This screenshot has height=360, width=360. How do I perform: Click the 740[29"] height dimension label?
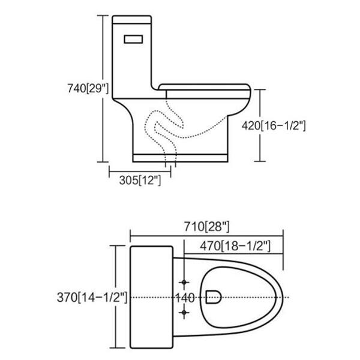click(88, 88)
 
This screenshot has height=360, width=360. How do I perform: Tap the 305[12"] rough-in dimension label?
click(139, 180)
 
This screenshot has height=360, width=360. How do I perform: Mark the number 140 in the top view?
click(184, 297)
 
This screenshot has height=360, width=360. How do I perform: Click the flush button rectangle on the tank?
click(133, 39)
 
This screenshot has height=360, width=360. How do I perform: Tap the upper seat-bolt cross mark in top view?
click(184, 281)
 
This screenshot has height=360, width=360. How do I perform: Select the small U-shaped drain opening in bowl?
click(212, 295)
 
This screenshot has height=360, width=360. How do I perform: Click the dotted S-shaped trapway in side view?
click(161, 129)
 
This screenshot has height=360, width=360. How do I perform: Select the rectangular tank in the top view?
click(151, 297)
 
